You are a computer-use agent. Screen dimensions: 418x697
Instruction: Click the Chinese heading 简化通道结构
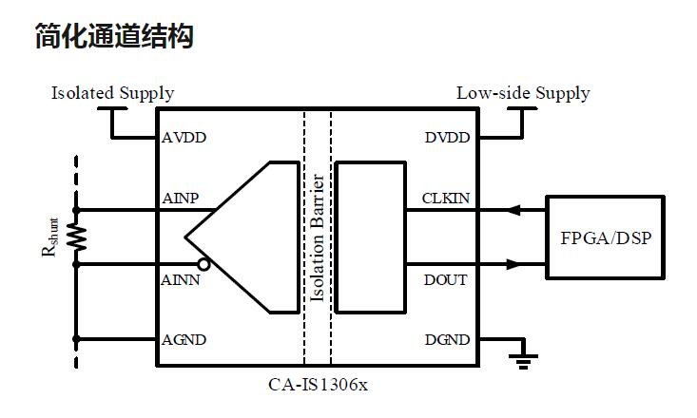[x=114, y=37]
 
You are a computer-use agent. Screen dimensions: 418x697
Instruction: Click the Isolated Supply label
[x=112, y=93]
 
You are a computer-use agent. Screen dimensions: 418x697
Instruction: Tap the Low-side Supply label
[x=523, y=93]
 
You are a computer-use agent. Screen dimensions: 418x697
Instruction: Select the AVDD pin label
[x=184, y=138]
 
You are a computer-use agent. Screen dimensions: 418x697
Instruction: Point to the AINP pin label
[x=181, y=199]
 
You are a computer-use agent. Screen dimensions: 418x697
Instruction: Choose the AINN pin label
[x=181, y=280]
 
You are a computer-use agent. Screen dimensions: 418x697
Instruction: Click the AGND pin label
[x=184, y=340]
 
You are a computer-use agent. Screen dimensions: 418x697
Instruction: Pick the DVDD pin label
[x=447, y=138]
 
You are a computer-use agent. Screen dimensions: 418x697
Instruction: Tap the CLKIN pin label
[x=445, y=199]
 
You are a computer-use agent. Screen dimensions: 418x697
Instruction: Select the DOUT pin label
[x=445, y=280]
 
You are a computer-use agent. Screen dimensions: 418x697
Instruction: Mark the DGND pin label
[x=447, y=340]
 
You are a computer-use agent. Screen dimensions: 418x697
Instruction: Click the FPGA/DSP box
[x=606, y=237]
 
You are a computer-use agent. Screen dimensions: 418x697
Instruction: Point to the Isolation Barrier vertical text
[x=319, y=237]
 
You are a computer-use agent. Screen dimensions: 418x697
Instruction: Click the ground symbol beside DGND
[x=523, y=359]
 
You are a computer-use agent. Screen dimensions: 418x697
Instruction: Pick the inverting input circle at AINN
[x=203, y=264]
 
